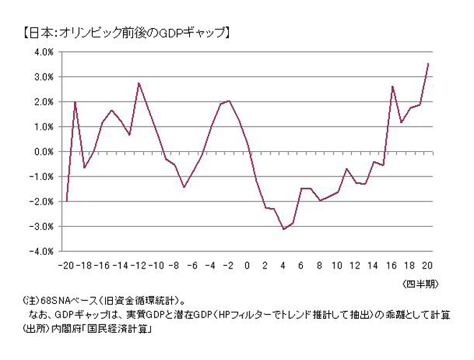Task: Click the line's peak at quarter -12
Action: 139,83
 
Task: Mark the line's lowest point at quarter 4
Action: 283,229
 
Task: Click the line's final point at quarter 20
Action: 428,63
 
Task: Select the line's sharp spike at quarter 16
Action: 392,86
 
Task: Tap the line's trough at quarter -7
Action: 184,187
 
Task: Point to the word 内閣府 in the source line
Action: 61,329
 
